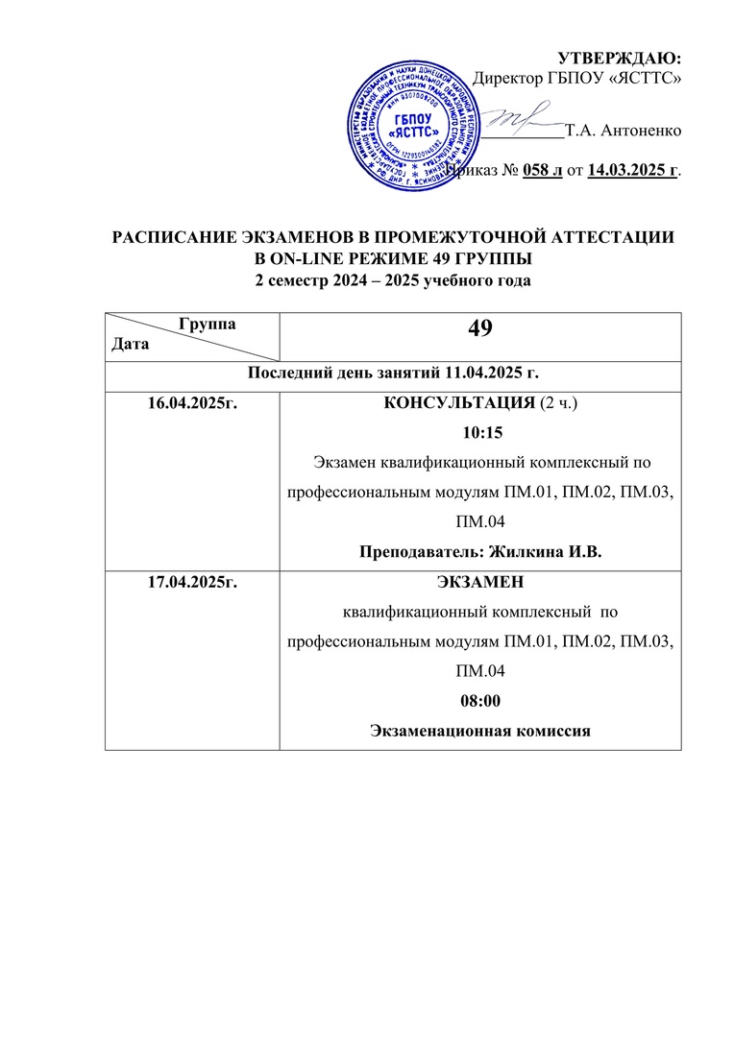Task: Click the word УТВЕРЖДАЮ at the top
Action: (621, 60)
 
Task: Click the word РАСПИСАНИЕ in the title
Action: (181, 237)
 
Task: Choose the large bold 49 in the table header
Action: (479, 329)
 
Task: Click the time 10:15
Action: (478, 432)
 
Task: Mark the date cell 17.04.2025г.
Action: (190, 582)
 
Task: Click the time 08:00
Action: (479, 701)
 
